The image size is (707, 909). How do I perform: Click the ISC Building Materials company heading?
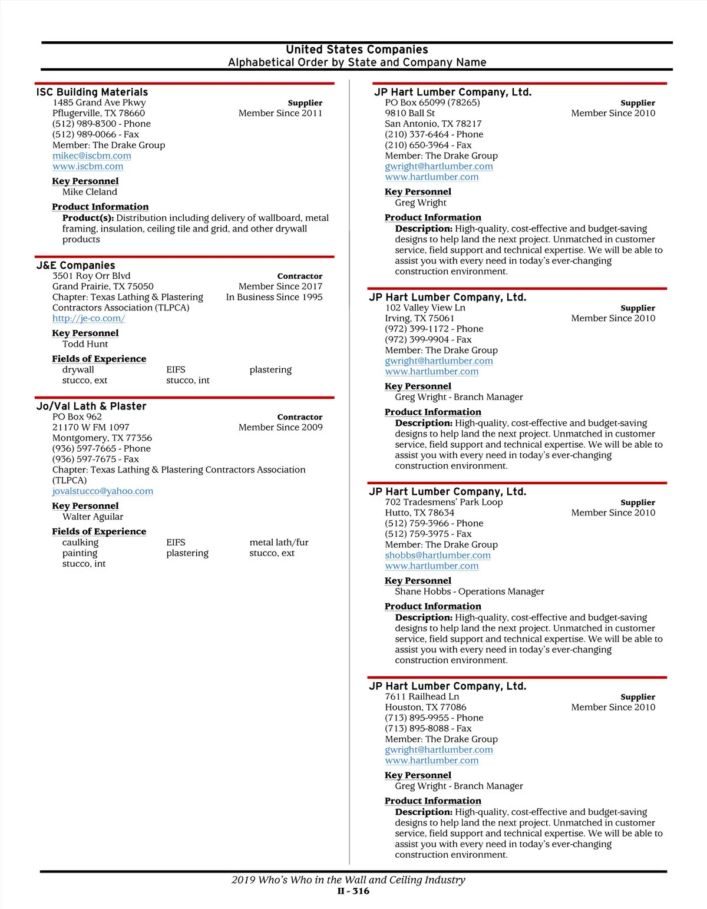[x=92, y=92]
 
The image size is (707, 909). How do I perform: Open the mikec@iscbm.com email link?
[x=91, y=156]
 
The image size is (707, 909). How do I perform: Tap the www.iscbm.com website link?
[x=87, y=166]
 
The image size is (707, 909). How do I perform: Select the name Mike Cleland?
[x=90, y=192]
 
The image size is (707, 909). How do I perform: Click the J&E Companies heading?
[x=75, y=265]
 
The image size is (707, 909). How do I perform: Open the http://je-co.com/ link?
[x=88, y=318]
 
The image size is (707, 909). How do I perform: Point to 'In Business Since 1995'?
[x=274, y=297]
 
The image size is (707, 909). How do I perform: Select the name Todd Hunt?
[x=85, y=344]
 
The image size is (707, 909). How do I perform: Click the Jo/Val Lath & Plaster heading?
[x=91, y=406]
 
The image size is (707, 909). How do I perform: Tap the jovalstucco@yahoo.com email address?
[x=103, y=491]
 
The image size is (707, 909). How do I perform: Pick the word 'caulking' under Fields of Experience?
[x=80, y=543]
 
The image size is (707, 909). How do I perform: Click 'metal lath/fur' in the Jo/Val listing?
[x=279, y=543]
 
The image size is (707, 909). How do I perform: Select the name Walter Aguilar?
[x=92, y=517]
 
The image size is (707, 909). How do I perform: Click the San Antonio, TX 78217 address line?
[x=433, y=124]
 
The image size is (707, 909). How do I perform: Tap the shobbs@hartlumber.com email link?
[x=437, y=555]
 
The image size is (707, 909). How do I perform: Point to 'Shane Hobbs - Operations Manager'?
[x=469, y=591]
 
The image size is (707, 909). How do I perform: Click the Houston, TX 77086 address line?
[x=425, y=707]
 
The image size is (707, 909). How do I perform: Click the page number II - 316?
[x=353, y=891]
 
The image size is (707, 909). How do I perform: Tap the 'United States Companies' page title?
[x=356, y=49]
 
